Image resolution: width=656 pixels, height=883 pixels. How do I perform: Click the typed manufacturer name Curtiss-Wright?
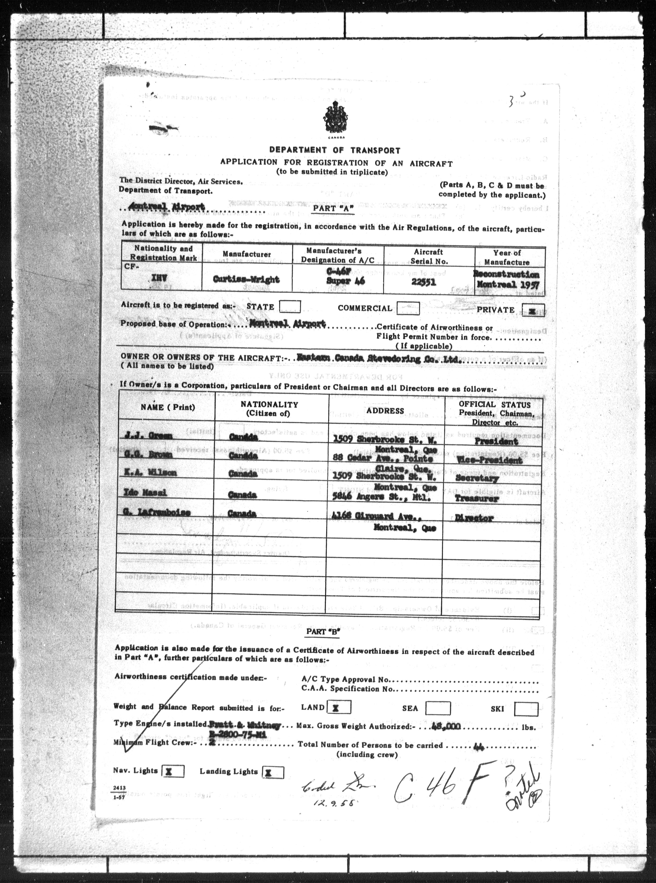pos(246,279)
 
